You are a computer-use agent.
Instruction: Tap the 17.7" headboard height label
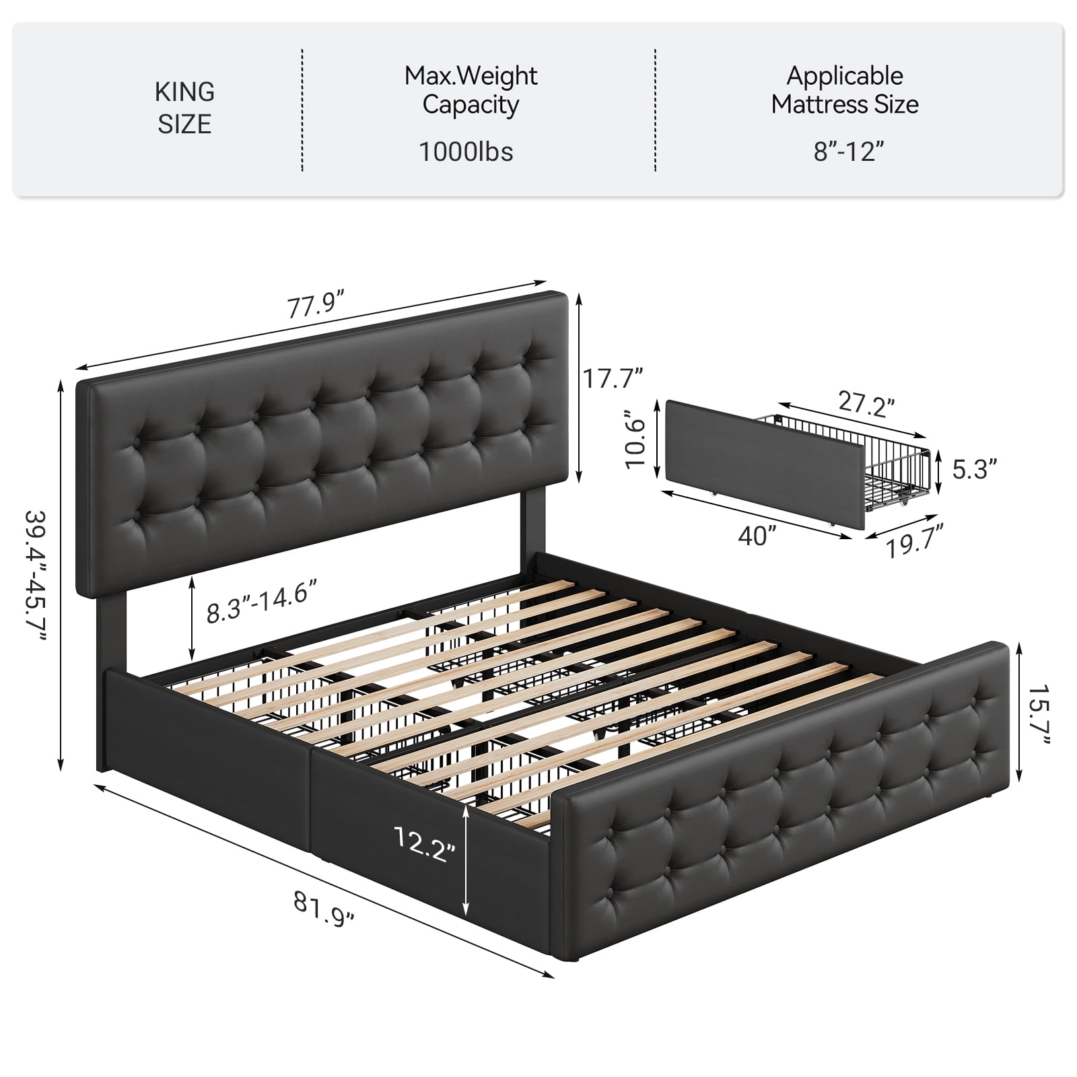pos(613,379)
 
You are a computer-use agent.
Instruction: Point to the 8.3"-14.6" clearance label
pos(260,602)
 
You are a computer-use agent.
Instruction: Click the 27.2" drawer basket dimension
pos(866,404)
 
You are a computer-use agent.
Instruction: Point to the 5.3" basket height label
pos(974,469)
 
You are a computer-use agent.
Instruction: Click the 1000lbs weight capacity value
pos(466,152)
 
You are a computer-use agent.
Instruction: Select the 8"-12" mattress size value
pos(848,152)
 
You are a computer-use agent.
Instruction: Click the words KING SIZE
pos(184,108)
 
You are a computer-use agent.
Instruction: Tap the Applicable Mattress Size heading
pos(845,90)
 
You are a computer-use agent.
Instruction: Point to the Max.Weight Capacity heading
pos(471,90)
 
